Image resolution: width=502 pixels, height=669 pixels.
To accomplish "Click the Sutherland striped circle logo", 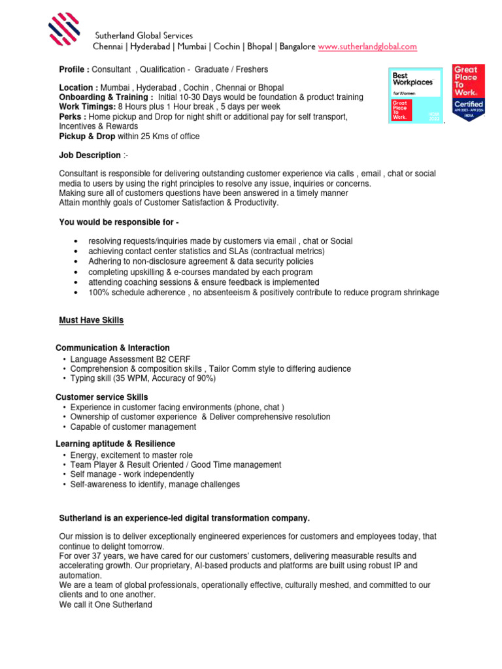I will (65, 32).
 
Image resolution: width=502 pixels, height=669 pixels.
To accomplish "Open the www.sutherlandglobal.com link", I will (367, 47).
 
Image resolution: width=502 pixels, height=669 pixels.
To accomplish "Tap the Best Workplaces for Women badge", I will (415, 96).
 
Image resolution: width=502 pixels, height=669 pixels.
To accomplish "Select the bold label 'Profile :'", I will (74, 69).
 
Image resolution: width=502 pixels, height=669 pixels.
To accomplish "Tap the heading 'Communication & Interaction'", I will (112, 348).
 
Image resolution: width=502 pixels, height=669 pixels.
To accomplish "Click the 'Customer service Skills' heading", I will (102, 397).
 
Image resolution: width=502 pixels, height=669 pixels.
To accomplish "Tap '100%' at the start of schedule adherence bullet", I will (98, 292).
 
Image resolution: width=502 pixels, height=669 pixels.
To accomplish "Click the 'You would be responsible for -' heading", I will (119, 222).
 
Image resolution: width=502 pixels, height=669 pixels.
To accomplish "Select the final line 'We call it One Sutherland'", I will (105, 604).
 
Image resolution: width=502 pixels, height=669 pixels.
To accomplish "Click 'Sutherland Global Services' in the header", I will (144, 35).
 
